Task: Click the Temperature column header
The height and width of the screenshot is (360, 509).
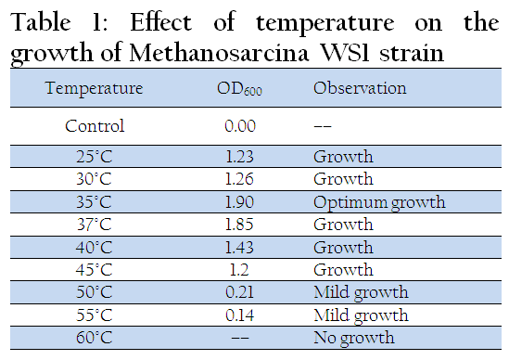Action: coord(95,88)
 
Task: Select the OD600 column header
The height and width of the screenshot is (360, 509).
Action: coord(239,88)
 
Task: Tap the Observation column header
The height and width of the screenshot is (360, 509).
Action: coord(360,88)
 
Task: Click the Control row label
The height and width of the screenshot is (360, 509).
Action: coord(95,126)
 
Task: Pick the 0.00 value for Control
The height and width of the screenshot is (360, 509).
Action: coord(240,126)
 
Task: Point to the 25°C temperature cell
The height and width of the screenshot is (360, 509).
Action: coord(95,157)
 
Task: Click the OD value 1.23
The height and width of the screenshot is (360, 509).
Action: coord(239,157)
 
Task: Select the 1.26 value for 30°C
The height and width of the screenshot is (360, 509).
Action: coord(239,179)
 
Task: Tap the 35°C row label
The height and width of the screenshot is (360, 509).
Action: coord(95,201)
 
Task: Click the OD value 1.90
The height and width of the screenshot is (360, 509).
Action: coord(239,201)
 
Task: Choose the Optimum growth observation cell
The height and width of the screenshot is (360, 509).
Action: coord(379,203)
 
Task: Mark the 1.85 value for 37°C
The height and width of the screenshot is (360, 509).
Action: coord(239,225)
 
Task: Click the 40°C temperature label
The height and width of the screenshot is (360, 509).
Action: coord(95,247)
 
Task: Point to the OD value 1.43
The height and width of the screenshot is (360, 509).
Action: coord(239,247)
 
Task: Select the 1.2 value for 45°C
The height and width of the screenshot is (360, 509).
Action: coord(239,270)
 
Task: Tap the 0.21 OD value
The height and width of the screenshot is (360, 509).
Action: coord(239,292)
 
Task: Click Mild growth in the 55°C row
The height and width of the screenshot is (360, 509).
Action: coord(361,315)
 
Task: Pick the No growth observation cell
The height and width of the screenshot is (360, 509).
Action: coord(354,339)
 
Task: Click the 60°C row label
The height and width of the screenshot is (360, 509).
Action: coord(95,337)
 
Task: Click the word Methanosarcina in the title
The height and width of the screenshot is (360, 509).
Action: coord(219,53)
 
